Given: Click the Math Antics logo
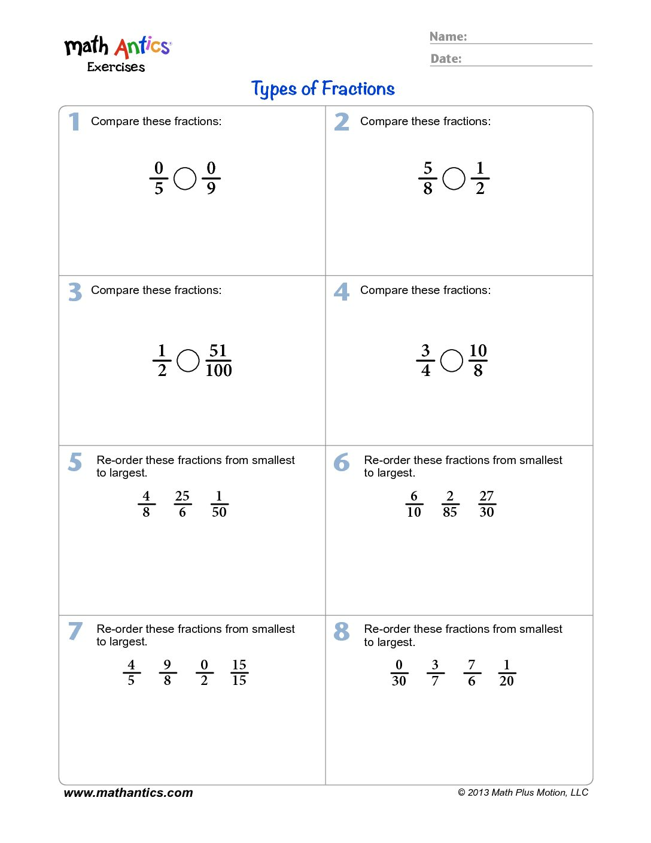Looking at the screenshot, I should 118,53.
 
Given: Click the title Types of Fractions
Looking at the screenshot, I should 323,89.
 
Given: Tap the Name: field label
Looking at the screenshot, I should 448,37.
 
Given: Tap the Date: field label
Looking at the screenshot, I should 446,59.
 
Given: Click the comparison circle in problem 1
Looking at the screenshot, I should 185,178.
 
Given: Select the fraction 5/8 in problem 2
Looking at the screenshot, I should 427,178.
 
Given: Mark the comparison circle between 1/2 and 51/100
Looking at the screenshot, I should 188,360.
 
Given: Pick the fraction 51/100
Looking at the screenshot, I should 218,360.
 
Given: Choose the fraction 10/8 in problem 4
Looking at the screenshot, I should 478,360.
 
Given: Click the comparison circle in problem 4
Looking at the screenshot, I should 452,360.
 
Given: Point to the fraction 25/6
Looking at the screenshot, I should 182,504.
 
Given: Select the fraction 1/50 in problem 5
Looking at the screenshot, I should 219,504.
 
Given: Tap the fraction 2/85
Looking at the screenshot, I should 450,504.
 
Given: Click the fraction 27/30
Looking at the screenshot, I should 486,504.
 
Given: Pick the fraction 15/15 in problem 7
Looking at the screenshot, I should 239,673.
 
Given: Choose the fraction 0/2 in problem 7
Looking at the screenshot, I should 204,673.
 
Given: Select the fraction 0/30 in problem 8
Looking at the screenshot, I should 399,673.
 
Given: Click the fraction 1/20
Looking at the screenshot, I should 507,673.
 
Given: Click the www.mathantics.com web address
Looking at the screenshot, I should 128,793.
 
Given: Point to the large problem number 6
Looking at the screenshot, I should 342,462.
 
